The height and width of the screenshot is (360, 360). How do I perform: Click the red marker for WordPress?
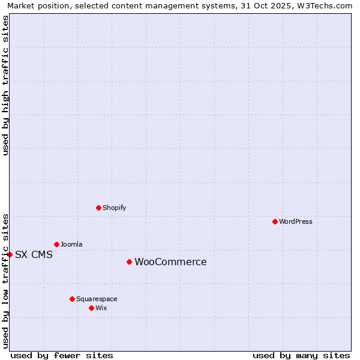(275, 221)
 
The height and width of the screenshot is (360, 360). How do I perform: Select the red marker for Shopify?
(98, 208)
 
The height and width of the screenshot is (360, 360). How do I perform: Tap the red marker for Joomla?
(56, 244)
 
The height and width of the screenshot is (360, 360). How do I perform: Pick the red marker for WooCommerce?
(129, 262)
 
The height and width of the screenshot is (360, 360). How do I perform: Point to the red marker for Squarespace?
(72, 299)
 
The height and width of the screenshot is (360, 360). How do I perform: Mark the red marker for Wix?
(91, 308)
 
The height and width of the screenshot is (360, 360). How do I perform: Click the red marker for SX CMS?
(10, 254)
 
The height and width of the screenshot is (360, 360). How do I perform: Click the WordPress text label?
(296, 221)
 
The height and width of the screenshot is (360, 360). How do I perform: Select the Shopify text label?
(115, 208)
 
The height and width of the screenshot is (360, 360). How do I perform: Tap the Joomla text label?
(71, 244)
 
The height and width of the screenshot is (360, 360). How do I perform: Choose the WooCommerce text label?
(170, 262)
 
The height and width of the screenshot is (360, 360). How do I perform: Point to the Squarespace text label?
(97, 299)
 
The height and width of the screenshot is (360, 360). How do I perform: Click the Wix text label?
(101, 308)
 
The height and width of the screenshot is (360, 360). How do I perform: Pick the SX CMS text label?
(34, 254)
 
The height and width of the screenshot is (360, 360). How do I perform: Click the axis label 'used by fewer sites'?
(62, 355)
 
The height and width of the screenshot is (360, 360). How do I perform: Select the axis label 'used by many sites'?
(301, 355)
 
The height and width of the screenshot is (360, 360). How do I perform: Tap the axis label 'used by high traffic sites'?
(5, 85)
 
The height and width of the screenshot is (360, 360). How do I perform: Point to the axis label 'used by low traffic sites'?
(5, 281)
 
